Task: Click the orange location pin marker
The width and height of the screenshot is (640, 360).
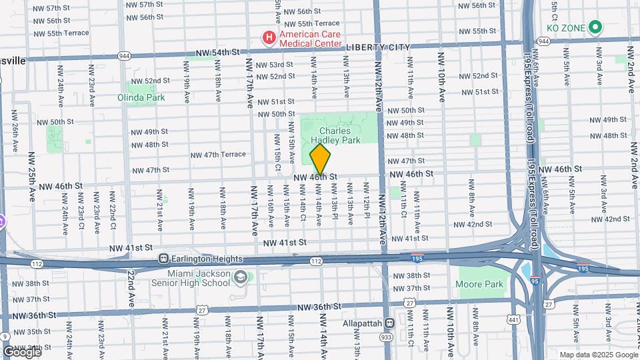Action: click(321, 159)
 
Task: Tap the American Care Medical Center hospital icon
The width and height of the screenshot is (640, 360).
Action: click(269, 37)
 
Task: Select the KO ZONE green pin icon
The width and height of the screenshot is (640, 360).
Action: click(596, 28)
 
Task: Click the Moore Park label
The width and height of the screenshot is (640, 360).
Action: click(479, 285)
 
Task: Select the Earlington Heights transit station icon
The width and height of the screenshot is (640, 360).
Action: click(163, 259)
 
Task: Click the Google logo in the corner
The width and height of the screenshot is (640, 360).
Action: click(21, 351)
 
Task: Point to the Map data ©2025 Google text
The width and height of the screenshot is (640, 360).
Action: click(598, 355)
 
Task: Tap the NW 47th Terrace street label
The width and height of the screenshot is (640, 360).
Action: click(218, 155)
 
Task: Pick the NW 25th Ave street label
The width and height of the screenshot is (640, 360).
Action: click(31, 177)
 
